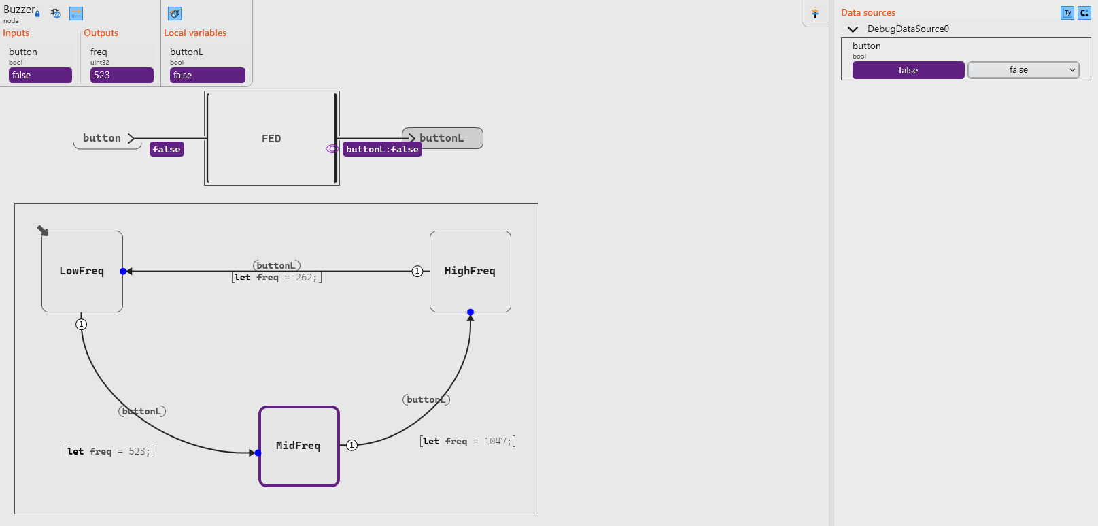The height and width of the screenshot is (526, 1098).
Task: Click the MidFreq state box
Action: pyautogui.click(x=299, y=446)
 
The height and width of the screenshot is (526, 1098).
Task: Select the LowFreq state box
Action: pyautogui.click(x=82, y=272)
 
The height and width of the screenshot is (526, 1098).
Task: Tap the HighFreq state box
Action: pyautogui.click(x=470, y=272)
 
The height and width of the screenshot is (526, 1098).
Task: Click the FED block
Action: pyautogui.click(x=271, y=138)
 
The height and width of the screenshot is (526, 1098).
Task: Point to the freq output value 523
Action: pyautogui.click(x=122, y=75)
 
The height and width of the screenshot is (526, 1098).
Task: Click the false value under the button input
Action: pyautogui.click(x=40, y=75)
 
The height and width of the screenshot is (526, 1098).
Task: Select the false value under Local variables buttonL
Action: pyautogui.click(x=207, y=75)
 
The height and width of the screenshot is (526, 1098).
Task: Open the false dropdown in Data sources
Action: pyautogui.click(x=1023, y=69)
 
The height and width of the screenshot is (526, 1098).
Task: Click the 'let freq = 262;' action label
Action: pyautogui.click(x=277, y=277)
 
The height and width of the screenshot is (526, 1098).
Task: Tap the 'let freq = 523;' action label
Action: pyautogui.click(x=109, y=451)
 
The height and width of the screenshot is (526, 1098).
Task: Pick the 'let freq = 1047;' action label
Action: pyautogui.click(x=468, y=441)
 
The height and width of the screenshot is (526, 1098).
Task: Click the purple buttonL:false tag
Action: pyautogui.click(x=382, y=149)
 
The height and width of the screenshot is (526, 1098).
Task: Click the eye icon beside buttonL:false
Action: pyautogui.click(x=332, y=148)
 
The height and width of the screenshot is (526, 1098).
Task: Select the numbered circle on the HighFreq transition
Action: pyautogui.click(x=417, y=272)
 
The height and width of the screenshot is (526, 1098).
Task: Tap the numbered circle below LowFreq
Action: pyautogui.click(x=82, y=325)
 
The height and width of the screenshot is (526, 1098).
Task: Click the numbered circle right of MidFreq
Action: pyautogui.click(x=351, y=445)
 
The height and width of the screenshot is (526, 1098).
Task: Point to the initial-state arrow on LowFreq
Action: pyautogui.click(x=43, y=231)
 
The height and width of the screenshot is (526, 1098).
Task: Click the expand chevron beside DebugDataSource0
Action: pyautogui.click(x=853, y=29)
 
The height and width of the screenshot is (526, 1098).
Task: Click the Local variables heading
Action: pyautogui.click(x=195, y=33)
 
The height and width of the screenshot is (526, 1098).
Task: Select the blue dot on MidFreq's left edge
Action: pyautogui.click(x=258, y=453)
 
